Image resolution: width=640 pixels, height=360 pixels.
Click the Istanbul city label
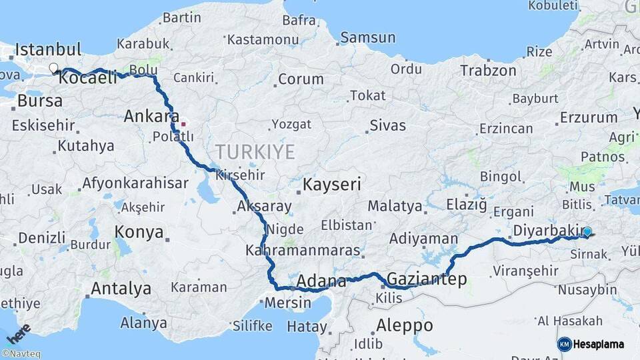(48, 49)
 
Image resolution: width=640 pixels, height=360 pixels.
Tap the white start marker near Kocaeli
(53, 68)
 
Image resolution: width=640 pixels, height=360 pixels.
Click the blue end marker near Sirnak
(587, 232)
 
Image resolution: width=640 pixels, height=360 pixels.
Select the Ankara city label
(151, 117)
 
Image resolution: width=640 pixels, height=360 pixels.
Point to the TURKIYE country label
(255, 152)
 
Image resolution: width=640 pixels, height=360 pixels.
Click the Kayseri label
(332, 185)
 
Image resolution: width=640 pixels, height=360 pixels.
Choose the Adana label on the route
(321, 281)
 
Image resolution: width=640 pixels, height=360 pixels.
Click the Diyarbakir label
(549, 231)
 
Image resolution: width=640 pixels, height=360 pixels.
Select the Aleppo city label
(405, 325)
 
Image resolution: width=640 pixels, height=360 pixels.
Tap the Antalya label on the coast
(120, 289)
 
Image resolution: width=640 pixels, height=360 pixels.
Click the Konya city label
(139, 232)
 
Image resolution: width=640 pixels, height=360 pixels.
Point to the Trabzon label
(488, 70)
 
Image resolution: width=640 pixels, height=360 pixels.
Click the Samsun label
(367, 37)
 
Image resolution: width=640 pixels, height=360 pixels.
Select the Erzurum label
(589, 117)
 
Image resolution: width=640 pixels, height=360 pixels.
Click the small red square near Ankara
(183, 123)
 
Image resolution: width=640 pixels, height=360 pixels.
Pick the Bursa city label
(40, 101)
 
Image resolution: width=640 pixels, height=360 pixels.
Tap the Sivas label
(387, 125)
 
